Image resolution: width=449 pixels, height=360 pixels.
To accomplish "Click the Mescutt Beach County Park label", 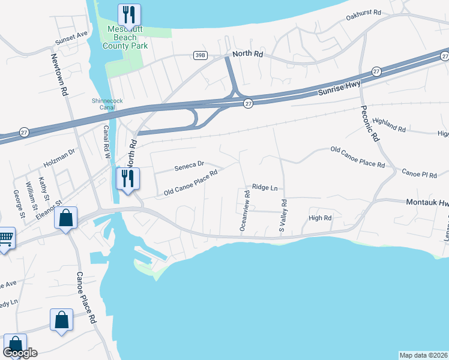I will coord(128,37).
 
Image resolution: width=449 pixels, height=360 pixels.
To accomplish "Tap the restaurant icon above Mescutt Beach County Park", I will coord(128,14).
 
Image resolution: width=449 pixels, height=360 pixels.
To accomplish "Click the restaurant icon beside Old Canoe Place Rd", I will coord(128,178).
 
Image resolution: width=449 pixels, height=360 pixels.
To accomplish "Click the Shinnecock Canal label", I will coord(107,101).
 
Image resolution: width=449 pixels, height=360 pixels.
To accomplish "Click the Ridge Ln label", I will coord(265,187).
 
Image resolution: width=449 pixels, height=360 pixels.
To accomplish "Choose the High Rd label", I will coord(320,218).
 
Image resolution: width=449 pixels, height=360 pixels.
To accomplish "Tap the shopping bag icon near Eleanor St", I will coord(66,218).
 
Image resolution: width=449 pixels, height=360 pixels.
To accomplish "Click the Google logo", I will coord(19,353).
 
